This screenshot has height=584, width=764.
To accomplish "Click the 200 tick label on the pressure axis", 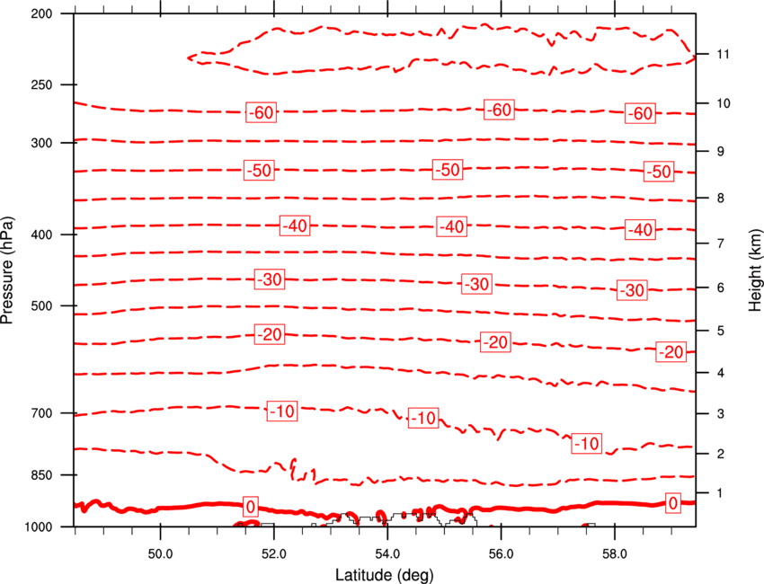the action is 41,13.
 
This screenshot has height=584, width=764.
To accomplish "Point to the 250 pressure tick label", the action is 41,84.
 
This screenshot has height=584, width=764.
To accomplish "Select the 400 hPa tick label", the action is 41,234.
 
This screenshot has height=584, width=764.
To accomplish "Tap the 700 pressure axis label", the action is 41,413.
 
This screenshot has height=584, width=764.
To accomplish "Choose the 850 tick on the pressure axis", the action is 41,475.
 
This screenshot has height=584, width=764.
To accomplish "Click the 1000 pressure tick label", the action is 39,526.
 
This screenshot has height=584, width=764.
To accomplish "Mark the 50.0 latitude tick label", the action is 160,554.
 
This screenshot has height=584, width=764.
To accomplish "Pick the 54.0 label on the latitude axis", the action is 387,554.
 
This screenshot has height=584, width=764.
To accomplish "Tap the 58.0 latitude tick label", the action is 615,554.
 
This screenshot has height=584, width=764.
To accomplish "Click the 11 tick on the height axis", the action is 723,54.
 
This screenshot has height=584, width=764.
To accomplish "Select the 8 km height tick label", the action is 720,199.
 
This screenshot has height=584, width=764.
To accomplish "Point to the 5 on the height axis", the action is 720,332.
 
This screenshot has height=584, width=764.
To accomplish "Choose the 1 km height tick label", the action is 720,493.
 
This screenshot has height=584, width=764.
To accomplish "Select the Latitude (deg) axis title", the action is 384,575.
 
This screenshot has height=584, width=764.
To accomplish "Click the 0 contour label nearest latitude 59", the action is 673,503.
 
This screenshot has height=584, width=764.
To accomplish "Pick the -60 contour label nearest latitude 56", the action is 500,110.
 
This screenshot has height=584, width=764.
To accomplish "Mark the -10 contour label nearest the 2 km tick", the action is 587,443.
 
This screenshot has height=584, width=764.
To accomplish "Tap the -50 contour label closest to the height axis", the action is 659,172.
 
